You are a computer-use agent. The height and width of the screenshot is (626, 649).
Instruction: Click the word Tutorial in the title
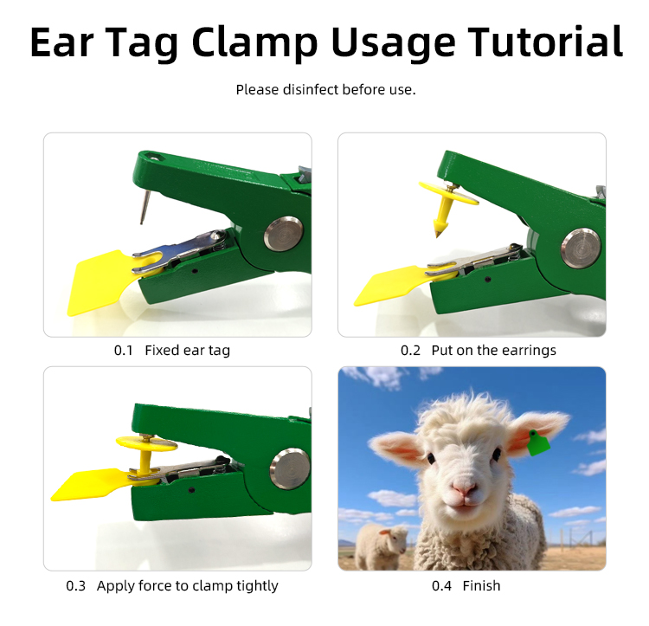(x=545, y=42)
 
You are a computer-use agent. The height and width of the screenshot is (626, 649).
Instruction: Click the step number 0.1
(x=124, y=351)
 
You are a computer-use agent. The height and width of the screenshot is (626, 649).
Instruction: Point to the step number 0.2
(x=410, y=351)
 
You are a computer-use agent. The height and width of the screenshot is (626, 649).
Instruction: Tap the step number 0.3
(x=76, y=586)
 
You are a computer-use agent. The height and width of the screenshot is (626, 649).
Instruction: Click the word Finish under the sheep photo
(x=481, y=586)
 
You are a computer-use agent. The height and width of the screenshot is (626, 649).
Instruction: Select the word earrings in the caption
(x=530, y=351)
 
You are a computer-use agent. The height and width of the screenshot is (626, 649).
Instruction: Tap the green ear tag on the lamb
(x=538, y=444)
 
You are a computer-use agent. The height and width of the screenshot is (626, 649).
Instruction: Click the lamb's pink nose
(x=464, y=487)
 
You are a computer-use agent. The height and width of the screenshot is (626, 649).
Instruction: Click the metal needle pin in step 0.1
(x=145, y=206)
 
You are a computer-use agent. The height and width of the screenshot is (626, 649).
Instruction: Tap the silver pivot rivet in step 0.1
(x=284, y=234)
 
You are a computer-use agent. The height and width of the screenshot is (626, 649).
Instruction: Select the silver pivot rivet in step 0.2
(x=581, y=248)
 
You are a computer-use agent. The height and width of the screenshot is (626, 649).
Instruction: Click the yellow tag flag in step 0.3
(x=87, y=484)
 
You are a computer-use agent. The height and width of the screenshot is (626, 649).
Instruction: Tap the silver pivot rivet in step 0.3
(x=290, y=468)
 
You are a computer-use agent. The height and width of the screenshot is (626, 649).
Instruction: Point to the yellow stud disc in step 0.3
(x=146, y=444)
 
